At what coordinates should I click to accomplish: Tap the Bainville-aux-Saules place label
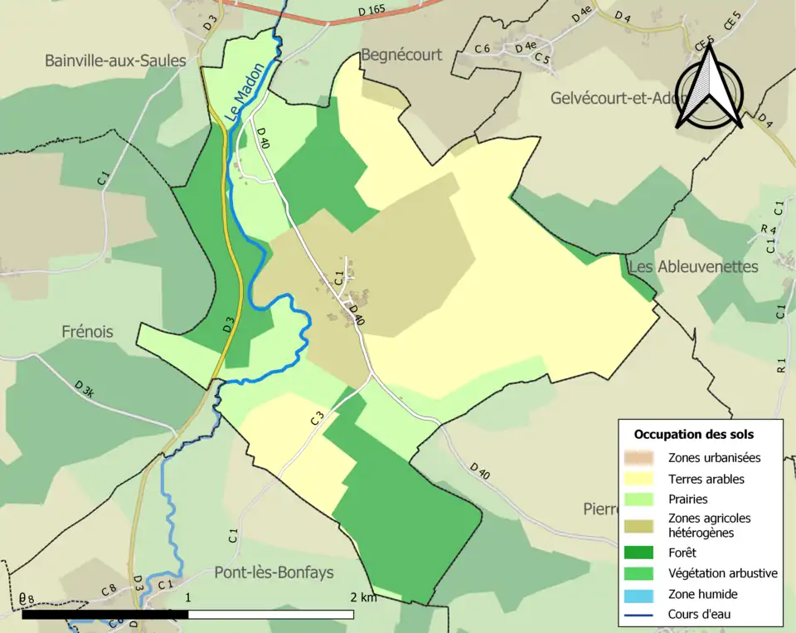[x=114, y=61]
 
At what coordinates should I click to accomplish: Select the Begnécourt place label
[x=401, y=55]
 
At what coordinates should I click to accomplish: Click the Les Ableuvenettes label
[x=693, y=266]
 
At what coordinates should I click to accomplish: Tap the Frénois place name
[x=87, y=332]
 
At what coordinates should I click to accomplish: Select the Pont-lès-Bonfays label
[x=274, y=572]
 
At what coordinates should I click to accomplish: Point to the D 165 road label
[x=371, y=9]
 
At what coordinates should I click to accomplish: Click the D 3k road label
[x=85, y=389]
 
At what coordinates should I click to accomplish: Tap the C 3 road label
[x=317, y=419]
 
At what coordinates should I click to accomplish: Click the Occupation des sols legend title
[x=693, y=434]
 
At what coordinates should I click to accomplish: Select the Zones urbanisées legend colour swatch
[x=642, y=457]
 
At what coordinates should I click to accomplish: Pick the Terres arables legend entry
[x=706, y=479]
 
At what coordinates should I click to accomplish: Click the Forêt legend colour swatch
[x=642, y=553]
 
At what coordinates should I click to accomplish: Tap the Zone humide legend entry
[x=702, y=594]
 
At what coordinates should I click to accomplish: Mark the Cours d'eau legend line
[x=642, y=615]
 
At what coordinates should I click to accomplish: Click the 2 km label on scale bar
[x=363, y=597]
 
